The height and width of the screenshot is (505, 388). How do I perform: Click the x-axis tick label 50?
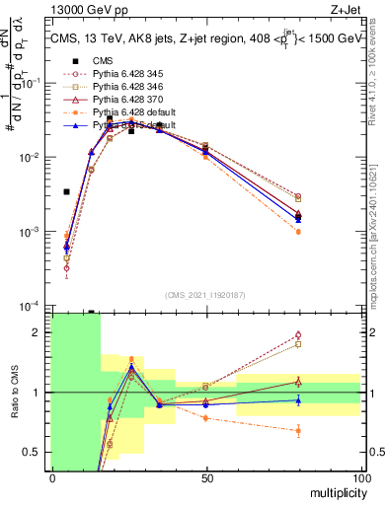point(206,477)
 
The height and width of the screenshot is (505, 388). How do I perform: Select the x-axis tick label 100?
point(360,477)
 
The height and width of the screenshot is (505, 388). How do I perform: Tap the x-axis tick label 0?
point(52,477)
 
